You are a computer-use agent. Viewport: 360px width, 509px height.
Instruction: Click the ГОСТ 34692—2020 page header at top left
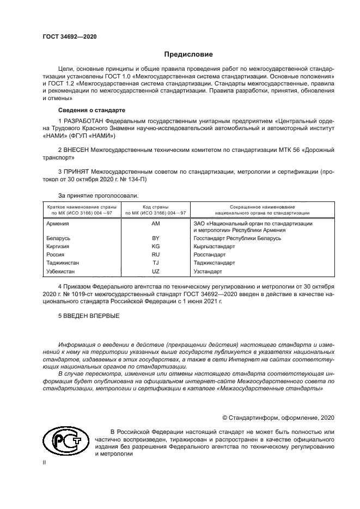coord(70,36)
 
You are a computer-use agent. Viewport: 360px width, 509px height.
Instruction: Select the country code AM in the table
coord(156,224)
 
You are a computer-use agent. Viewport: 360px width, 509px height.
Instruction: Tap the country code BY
coord(156,238)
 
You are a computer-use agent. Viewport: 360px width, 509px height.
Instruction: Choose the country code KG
coord(156,246)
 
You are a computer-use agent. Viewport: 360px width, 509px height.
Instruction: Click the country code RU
coord(156,254)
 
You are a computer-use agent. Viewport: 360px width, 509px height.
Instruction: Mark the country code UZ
coord(156,271)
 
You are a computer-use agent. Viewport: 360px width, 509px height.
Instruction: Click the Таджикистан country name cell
coord(63,262)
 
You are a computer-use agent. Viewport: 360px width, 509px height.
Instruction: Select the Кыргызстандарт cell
coord(213,246)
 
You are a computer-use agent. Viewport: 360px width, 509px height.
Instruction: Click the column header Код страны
coord(156,207)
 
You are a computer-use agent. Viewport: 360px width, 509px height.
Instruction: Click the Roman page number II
coord(45,462)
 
